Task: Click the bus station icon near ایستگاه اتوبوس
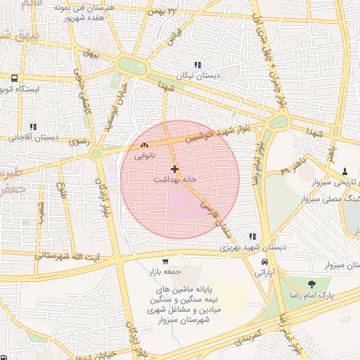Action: [14, 77]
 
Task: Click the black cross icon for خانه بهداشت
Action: [174, 169]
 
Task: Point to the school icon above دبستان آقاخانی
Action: [30, 127]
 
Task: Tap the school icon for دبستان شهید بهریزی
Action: [252, 237]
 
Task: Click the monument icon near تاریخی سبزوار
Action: [345, 171]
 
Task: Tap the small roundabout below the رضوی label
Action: [96, 153]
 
